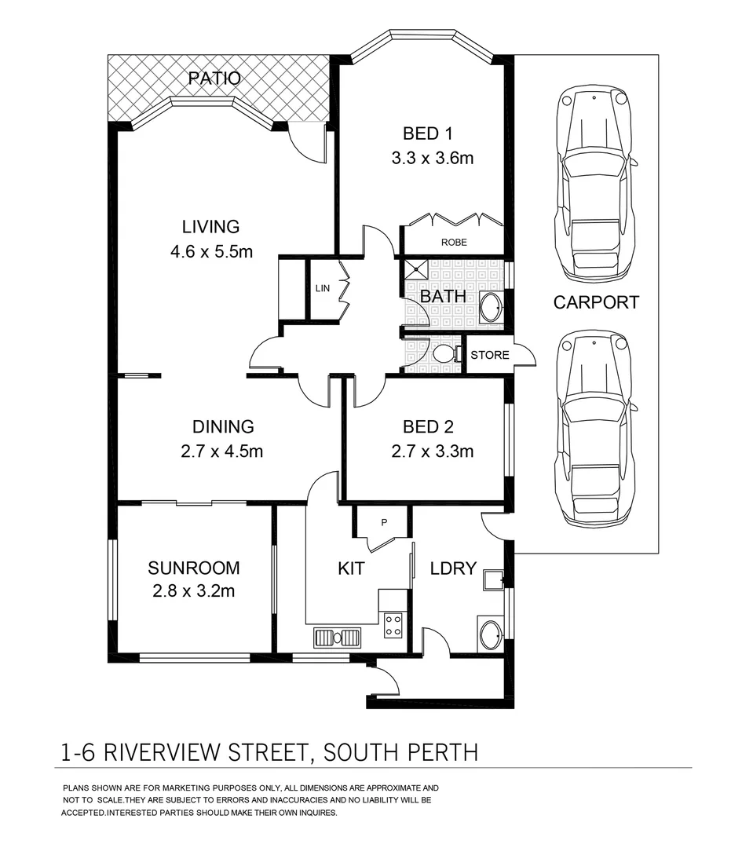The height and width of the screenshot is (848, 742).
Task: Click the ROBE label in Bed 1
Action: click(453, 243)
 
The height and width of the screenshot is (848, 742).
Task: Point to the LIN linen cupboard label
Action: click(323, 289)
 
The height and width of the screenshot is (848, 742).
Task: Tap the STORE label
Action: click(489, 355)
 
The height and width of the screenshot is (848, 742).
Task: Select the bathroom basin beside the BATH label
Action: click(492, 308)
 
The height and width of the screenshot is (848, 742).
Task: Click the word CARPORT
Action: click(596, 302)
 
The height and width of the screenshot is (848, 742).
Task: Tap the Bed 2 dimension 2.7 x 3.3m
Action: click(432, 451)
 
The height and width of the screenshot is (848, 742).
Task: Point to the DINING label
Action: click(223, 427)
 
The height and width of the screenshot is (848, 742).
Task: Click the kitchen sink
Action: click(338, 637)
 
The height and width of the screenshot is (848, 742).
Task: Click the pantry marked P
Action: click(384, 522)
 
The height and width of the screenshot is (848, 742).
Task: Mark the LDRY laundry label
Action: click(453, 568)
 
